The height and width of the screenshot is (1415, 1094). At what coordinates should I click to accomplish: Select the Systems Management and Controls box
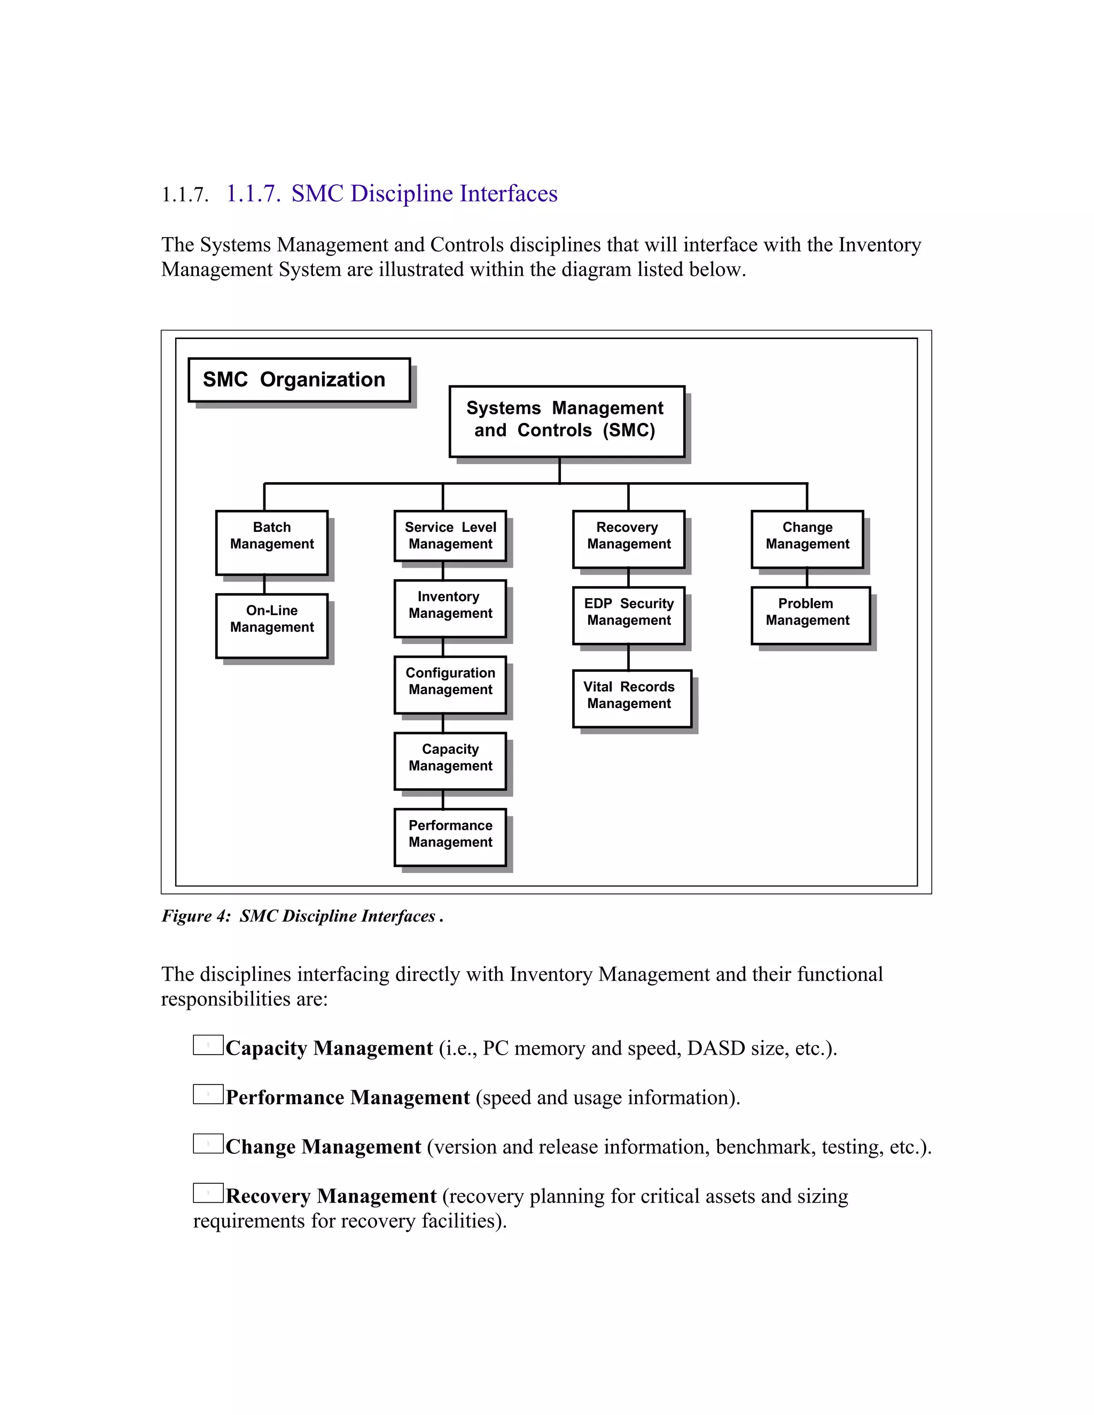566,421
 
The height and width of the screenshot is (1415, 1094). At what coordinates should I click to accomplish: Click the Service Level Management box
450,536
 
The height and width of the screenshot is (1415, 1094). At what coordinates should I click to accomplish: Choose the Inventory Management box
450,608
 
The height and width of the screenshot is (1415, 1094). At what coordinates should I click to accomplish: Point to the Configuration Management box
450,685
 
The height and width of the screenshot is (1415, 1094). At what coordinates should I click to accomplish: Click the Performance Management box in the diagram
450,837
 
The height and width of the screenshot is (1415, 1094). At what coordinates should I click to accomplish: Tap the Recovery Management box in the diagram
628,539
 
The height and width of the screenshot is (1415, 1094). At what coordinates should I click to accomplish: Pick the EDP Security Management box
628,616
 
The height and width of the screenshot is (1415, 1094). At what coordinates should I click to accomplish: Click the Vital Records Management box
632,698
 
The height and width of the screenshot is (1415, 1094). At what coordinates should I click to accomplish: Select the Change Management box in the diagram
807,539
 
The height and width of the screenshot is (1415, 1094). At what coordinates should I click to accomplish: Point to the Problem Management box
810,616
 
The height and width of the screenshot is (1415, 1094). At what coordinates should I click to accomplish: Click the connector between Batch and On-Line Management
264,584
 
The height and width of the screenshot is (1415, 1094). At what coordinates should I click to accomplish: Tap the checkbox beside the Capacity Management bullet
208,1045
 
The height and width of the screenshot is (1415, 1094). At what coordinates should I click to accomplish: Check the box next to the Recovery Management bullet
208,1193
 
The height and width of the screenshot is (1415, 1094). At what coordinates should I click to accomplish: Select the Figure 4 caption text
302,915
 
